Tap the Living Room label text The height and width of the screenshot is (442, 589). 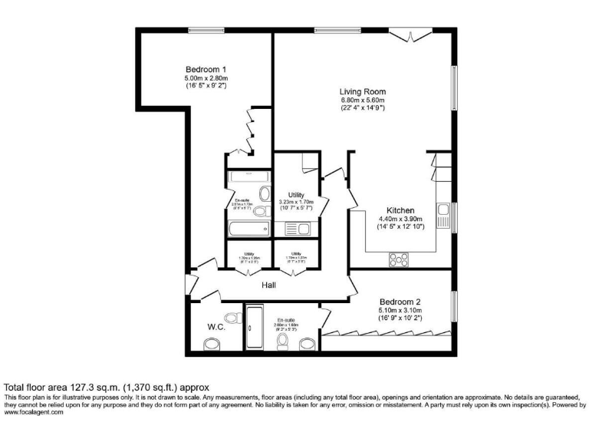(363, 91)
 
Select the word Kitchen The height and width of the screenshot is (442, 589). (400, 210)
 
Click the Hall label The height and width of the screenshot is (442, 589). (269, 285)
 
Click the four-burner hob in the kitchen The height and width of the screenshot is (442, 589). (399, 259)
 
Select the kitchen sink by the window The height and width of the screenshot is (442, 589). (443, 215)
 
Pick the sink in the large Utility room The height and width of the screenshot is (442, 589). (297, 228)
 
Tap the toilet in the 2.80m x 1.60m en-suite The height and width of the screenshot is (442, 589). (283, 340)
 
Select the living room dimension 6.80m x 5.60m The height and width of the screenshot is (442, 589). (363, 101)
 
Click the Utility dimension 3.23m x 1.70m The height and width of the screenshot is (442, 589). (296, 203)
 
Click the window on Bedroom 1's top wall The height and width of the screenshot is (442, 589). (202, 31)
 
